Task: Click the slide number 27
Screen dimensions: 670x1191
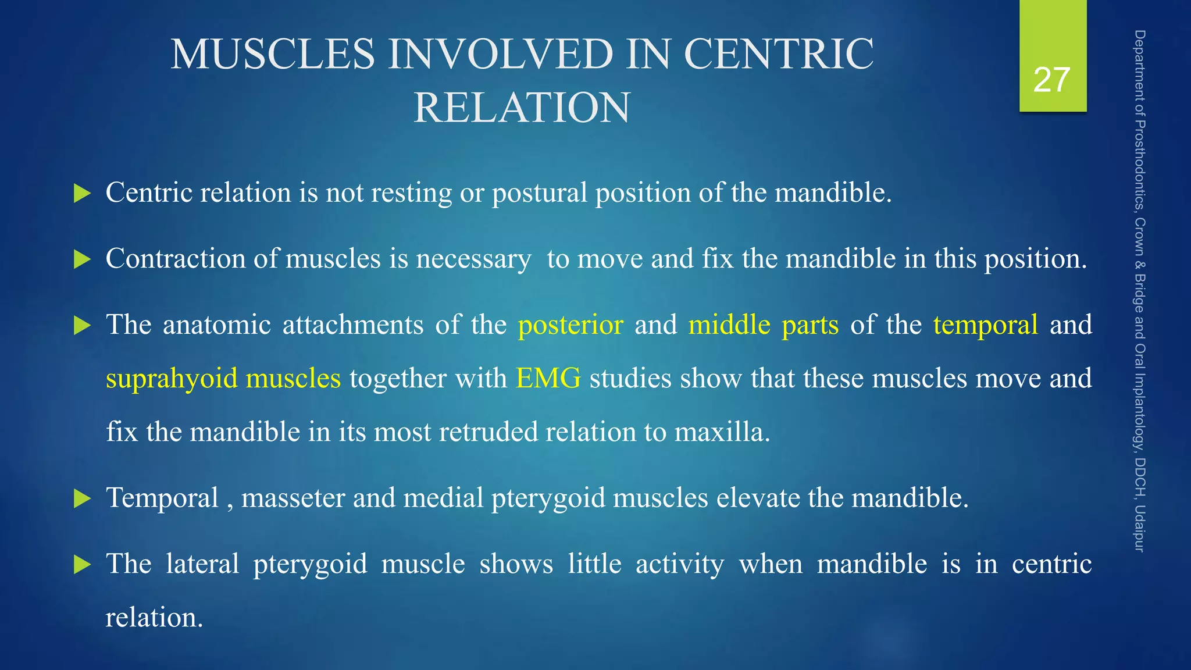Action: click(1052, 80)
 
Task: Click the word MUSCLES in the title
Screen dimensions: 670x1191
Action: click(273, 54)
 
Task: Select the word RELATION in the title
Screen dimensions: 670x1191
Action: click(522, 108)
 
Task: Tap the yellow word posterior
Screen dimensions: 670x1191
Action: click(570, 325)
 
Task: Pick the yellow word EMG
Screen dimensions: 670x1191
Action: click(548, 379)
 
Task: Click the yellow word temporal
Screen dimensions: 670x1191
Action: click(985, 325)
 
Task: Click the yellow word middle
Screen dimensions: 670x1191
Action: click(729, 325)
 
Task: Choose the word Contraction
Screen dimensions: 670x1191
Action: click(175, 259)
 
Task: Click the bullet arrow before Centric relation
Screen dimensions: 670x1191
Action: click(83, 194)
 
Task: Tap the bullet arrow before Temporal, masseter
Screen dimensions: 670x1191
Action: click(83, 499)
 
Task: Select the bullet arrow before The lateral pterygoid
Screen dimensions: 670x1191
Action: click(83, 565)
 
